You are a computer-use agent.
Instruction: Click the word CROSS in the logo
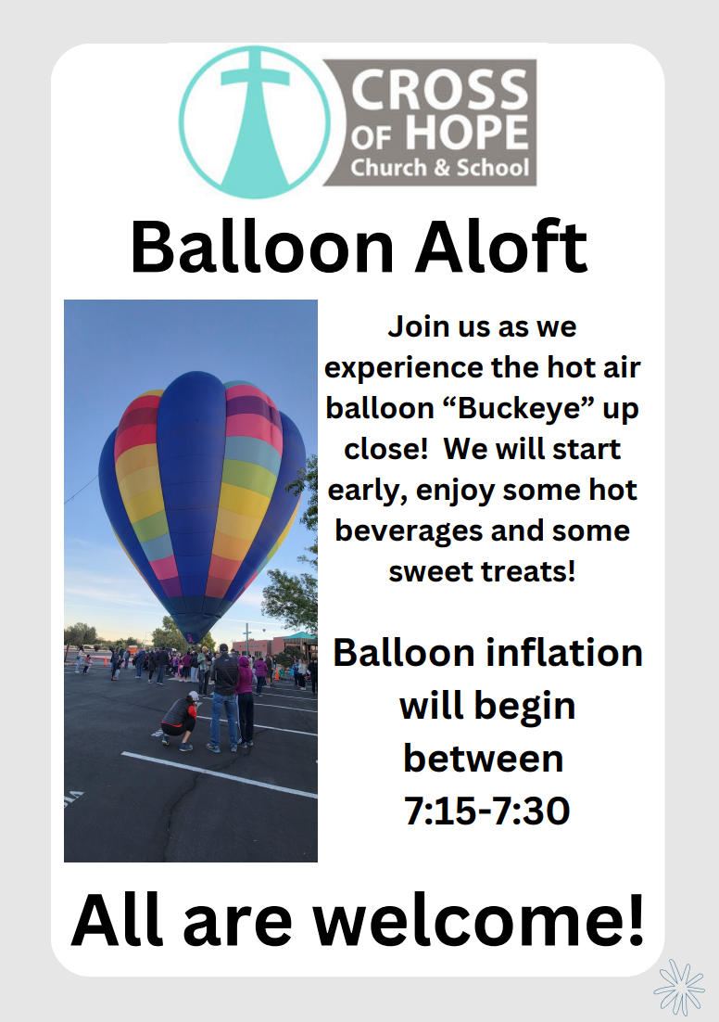[439, 89]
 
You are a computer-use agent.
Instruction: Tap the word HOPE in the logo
[467, 134]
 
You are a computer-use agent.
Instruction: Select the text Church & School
[439, 168]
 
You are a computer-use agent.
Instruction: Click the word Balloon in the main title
[262, 248]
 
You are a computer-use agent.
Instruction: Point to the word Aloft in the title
[501, 247]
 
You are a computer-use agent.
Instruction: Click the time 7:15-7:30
[486, 811]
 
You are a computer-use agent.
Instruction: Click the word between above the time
[484, 758]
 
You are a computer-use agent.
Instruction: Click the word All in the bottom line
[118, 920]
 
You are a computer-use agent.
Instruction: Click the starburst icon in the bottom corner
[679, 987]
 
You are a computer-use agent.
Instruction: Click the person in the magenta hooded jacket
[245, 700]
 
